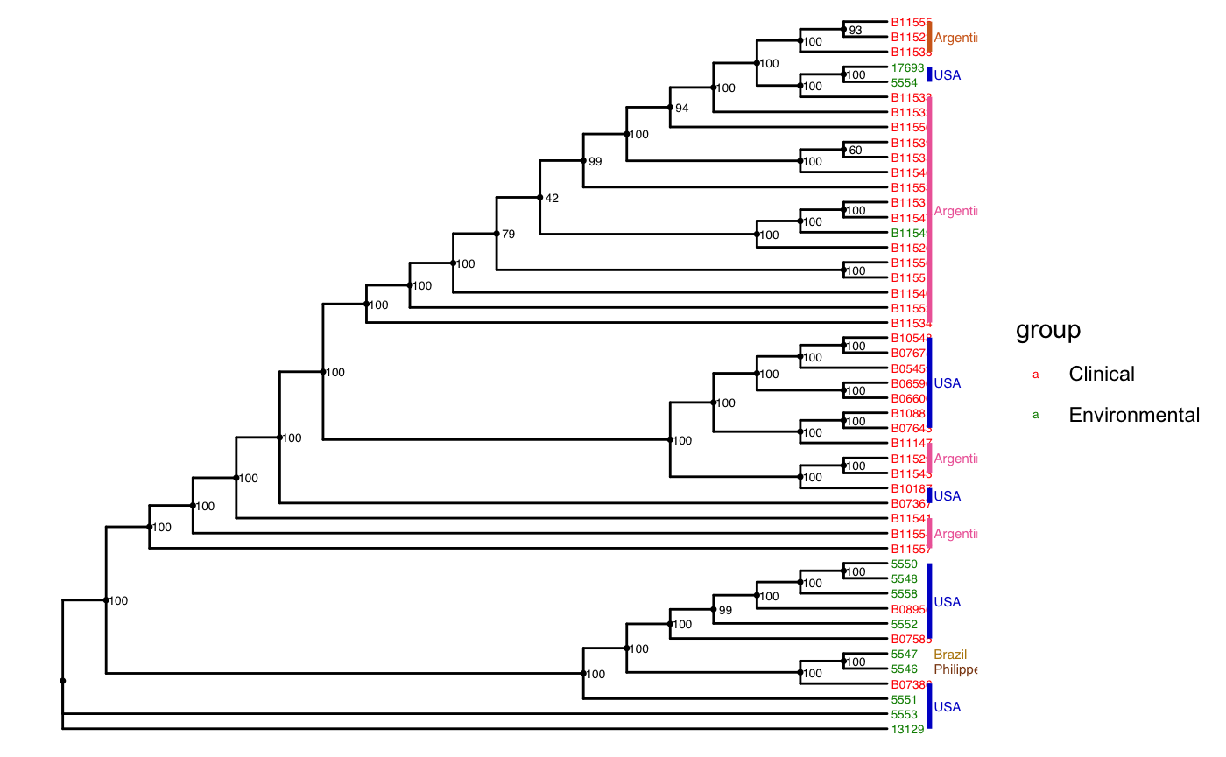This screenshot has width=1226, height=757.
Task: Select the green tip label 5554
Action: (904, 82)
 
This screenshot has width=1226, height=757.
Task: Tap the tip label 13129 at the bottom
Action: (908, 729)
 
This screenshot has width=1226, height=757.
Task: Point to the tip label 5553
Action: (904, 714)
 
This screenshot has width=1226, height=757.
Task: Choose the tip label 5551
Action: (904, 699)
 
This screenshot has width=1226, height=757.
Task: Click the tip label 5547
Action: (904, 654)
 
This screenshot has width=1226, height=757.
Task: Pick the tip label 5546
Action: (904, 669)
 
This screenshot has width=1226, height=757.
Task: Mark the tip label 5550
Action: (904, 564)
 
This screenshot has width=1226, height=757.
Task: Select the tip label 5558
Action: (904, 593)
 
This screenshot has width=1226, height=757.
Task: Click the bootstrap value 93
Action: (856, 30)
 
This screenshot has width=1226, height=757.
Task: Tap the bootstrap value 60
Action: (856, 151)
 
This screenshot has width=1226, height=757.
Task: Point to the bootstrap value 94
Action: (682, 108)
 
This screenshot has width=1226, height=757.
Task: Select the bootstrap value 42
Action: (552, 199)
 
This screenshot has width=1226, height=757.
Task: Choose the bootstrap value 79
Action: (508, 235)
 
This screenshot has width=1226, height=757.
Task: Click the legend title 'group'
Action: (1047, 331)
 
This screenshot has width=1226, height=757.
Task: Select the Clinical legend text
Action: (1101, 374)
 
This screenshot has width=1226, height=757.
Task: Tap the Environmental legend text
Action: (1133, 416)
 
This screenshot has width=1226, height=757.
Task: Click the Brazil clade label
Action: (950, 655)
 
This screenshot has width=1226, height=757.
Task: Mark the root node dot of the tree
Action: (63, 681)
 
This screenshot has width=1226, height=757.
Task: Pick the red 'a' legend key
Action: (1035, 375)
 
